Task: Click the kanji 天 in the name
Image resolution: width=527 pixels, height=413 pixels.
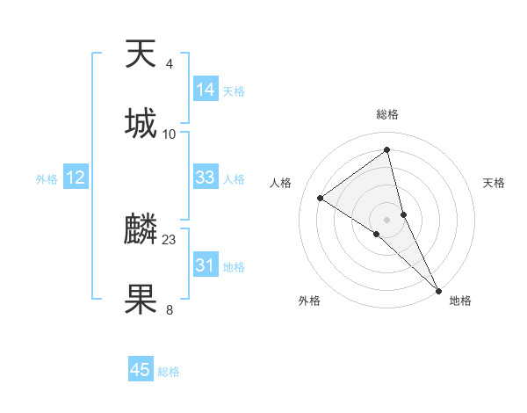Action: [x=141, y=54]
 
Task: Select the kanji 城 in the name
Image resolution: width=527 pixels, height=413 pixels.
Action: [x=141, y=124]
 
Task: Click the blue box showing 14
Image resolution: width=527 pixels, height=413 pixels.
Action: [x=206, y=90]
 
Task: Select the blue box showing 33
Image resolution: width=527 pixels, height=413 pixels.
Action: [x=206, y=178]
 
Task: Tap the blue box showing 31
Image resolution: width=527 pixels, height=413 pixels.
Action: [x=206, y=264]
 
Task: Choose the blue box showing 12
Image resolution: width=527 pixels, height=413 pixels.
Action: [x=76, y=178]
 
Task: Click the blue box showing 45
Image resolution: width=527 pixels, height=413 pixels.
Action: [x=141, y=370]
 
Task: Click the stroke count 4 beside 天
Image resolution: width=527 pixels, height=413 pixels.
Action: [x=170, y=64]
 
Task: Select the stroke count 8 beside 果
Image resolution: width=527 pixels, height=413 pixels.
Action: [x=170, y=309]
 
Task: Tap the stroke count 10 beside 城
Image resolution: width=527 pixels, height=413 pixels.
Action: [x=170, y=134]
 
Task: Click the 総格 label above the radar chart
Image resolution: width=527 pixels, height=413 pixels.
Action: [x=387, y=114]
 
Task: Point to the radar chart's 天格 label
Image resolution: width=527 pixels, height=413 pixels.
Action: [x=495, y=183]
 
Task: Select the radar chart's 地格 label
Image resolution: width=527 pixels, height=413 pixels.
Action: [x=460, y=301]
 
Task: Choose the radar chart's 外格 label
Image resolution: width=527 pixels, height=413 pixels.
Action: [x=309, y=301]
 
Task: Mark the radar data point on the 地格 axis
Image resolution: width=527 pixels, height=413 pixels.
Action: [x=438, y=289]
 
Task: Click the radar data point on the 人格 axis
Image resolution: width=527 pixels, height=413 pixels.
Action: [x=321, y=198]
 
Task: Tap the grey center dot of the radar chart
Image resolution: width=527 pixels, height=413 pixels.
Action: [x=387, y=219]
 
